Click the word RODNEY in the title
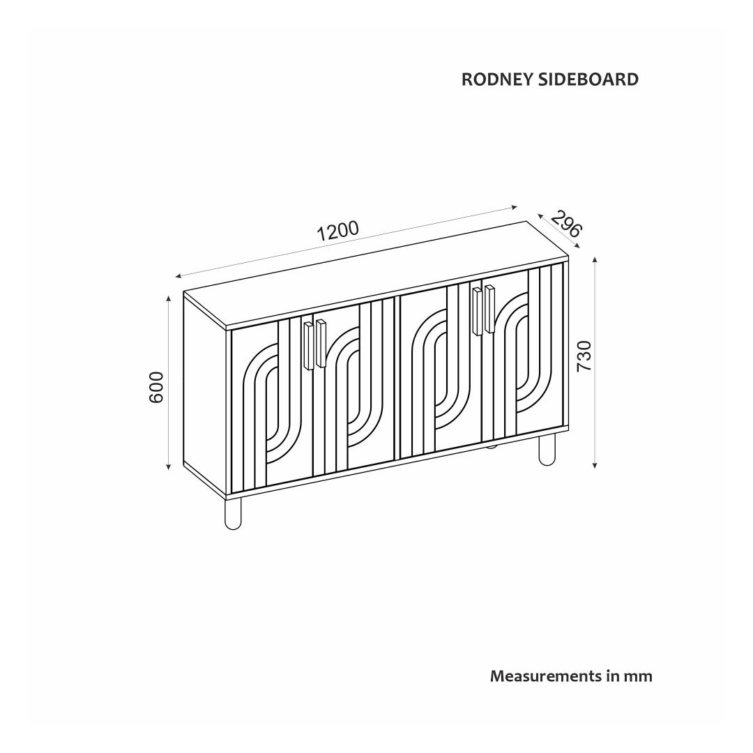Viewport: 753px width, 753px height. (x=497, y=79)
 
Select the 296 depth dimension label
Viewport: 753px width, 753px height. (x=565, y=223)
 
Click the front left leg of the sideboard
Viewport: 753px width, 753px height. (x=233, y=512)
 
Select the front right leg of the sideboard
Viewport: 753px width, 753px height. (x=547, y=449)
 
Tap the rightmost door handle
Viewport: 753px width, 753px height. (x=489, y=309)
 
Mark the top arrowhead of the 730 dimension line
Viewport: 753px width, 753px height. (x=595, y=261)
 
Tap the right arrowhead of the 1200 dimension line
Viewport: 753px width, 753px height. (x=515, y=206)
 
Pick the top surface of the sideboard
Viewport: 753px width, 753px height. (x=376, y=272)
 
